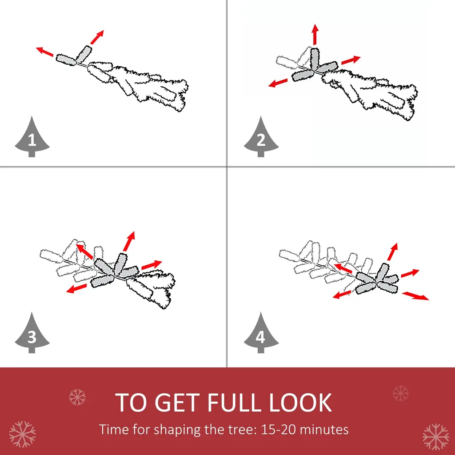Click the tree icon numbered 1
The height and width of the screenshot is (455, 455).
pos(32,137)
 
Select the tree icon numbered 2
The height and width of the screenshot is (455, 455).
pos(261,137)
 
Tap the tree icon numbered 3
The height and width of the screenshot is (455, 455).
pos(32,333)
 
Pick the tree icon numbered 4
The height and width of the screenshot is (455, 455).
pos(261,333)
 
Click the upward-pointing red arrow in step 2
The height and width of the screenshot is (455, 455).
pos(315,35)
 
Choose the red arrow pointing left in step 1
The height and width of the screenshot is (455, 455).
pos(44,52)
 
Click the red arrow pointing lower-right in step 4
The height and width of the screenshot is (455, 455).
pos(415,296)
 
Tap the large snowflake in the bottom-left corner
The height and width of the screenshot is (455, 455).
pos(22,434)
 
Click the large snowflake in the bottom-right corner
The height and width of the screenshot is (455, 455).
pos(436,437)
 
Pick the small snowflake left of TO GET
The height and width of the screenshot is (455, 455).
pos(77,397)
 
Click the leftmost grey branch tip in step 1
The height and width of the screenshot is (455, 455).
pos(66,60)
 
